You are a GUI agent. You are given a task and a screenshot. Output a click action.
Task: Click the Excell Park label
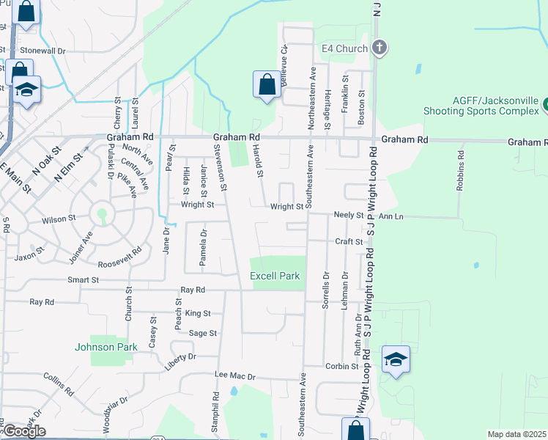point(275,276)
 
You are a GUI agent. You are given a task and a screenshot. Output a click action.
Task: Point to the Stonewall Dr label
point(42,51)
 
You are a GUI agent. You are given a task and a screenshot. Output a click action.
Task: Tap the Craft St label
point(349,241)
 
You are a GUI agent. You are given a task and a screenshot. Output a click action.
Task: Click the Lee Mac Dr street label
point(234,376)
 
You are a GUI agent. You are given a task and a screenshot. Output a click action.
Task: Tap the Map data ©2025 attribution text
point(517,434)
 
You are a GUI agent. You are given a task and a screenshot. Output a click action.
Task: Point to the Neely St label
point(349,216)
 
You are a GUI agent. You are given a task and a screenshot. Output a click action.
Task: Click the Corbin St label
point(343,366)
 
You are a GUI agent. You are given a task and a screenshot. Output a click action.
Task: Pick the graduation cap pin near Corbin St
point(396,360)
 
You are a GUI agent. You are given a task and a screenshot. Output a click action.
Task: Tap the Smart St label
point(83,280)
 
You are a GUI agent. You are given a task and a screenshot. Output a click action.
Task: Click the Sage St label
point(203,333)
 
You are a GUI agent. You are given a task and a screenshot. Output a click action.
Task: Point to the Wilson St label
point(59,219)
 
